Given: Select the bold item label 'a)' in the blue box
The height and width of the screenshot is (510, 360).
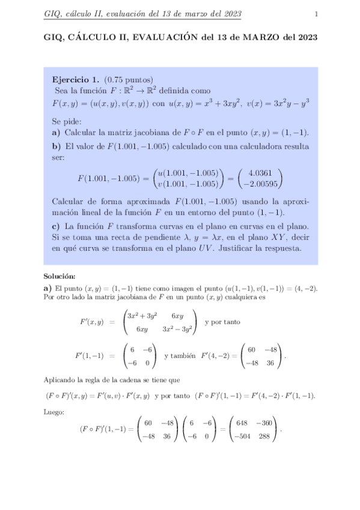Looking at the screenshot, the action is [56, 132].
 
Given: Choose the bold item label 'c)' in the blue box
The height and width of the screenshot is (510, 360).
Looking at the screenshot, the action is [56, 226].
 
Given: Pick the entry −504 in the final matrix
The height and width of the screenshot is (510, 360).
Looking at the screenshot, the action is [241, 436].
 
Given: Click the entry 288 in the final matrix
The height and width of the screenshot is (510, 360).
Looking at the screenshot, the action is [265, 436].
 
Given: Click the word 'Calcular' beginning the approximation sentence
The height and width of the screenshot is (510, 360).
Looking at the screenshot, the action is [69, 201].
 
